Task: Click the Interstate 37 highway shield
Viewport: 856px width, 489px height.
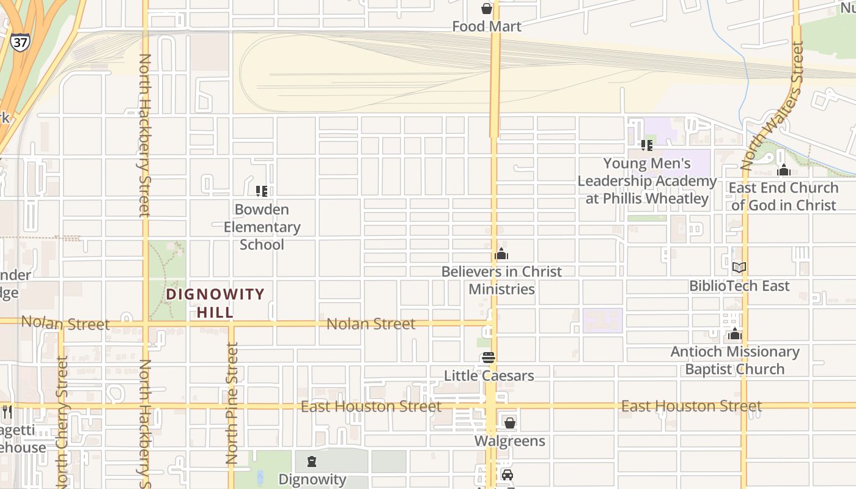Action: [x=19, y=42]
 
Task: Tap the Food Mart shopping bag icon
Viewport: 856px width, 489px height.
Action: [x=487, y=9]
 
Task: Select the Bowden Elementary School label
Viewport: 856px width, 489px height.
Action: [x=262, y=227]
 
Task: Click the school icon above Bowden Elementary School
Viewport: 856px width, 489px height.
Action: [x=262, y=191]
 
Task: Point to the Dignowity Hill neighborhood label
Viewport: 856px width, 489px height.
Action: [x=215, y=303]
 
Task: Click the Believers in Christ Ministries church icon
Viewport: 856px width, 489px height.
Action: [x=501, y=254]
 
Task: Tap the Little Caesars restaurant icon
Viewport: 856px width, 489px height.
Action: [x=488, y=358]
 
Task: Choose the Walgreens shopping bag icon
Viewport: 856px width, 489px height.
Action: [x=509, y=422]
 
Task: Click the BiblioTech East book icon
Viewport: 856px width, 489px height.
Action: [x=739, y=267]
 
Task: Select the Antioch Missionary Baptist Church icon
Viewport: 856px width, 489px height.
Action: [x=734, y=334]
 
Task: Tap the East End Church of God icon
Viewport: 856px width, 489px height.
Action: [x=784, y=170]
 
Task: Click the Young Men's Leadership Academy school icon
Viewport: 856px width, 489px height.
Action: [x=647, y=145]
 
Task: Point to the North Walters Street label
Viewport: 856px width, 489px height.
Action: [x=772, y=105]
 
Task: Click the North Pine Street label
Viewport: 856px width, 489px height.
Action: [x=231, y=403]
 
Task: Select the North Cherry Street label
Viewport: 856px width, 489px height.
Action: [x=61, y=422]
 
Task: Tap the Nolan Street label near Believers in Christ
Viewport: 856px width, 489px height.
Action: [x=371, y=323]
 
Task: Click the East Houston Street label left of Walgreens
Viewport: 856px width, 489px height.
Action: [x=371, y=406]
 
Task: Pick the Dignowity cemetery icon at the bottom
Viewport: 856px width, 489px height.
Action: [x=312, y=461]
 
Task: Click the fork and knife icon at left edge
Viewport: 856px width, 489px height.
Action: [x=7, y=412]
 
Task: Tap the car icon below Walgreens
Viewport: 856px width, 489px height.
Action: [x=507, y=476]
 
